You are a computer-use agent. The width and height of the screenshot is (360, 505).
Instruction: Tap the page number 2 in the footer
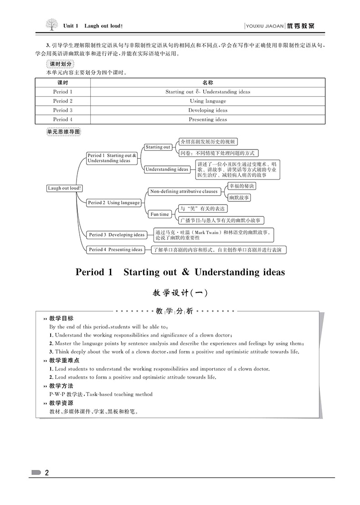[x=46, y=473]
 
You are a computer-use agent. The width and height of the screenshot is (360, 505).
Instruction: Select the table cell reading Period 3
[x=62, y=110]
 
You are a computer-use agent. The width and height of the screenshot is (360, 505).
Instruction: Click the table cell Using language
[x=208, y=101]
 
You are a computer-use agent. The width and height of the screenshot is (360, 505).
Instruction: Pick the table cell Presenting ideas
[x=208, y=119]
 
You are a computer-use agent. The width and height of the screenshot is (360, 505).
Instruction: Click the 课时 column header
[x=62, y=82]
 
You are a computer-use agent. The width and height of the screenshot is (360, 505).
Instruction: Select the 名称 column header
[x=208, y=82]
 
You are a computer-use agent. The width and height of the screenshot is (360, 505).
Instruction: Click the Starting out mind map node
[x=158, y=147]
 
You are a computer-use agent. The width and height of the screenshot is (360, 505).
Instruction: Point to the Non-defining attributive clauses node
[x=184, y=191]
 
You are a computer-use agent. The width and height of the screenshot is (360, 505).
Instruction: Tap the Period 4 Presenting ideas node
[x=116, y=250]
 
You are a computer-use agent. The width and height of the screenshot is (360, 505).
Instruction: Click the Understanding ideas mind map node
[x=167, y=169]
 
